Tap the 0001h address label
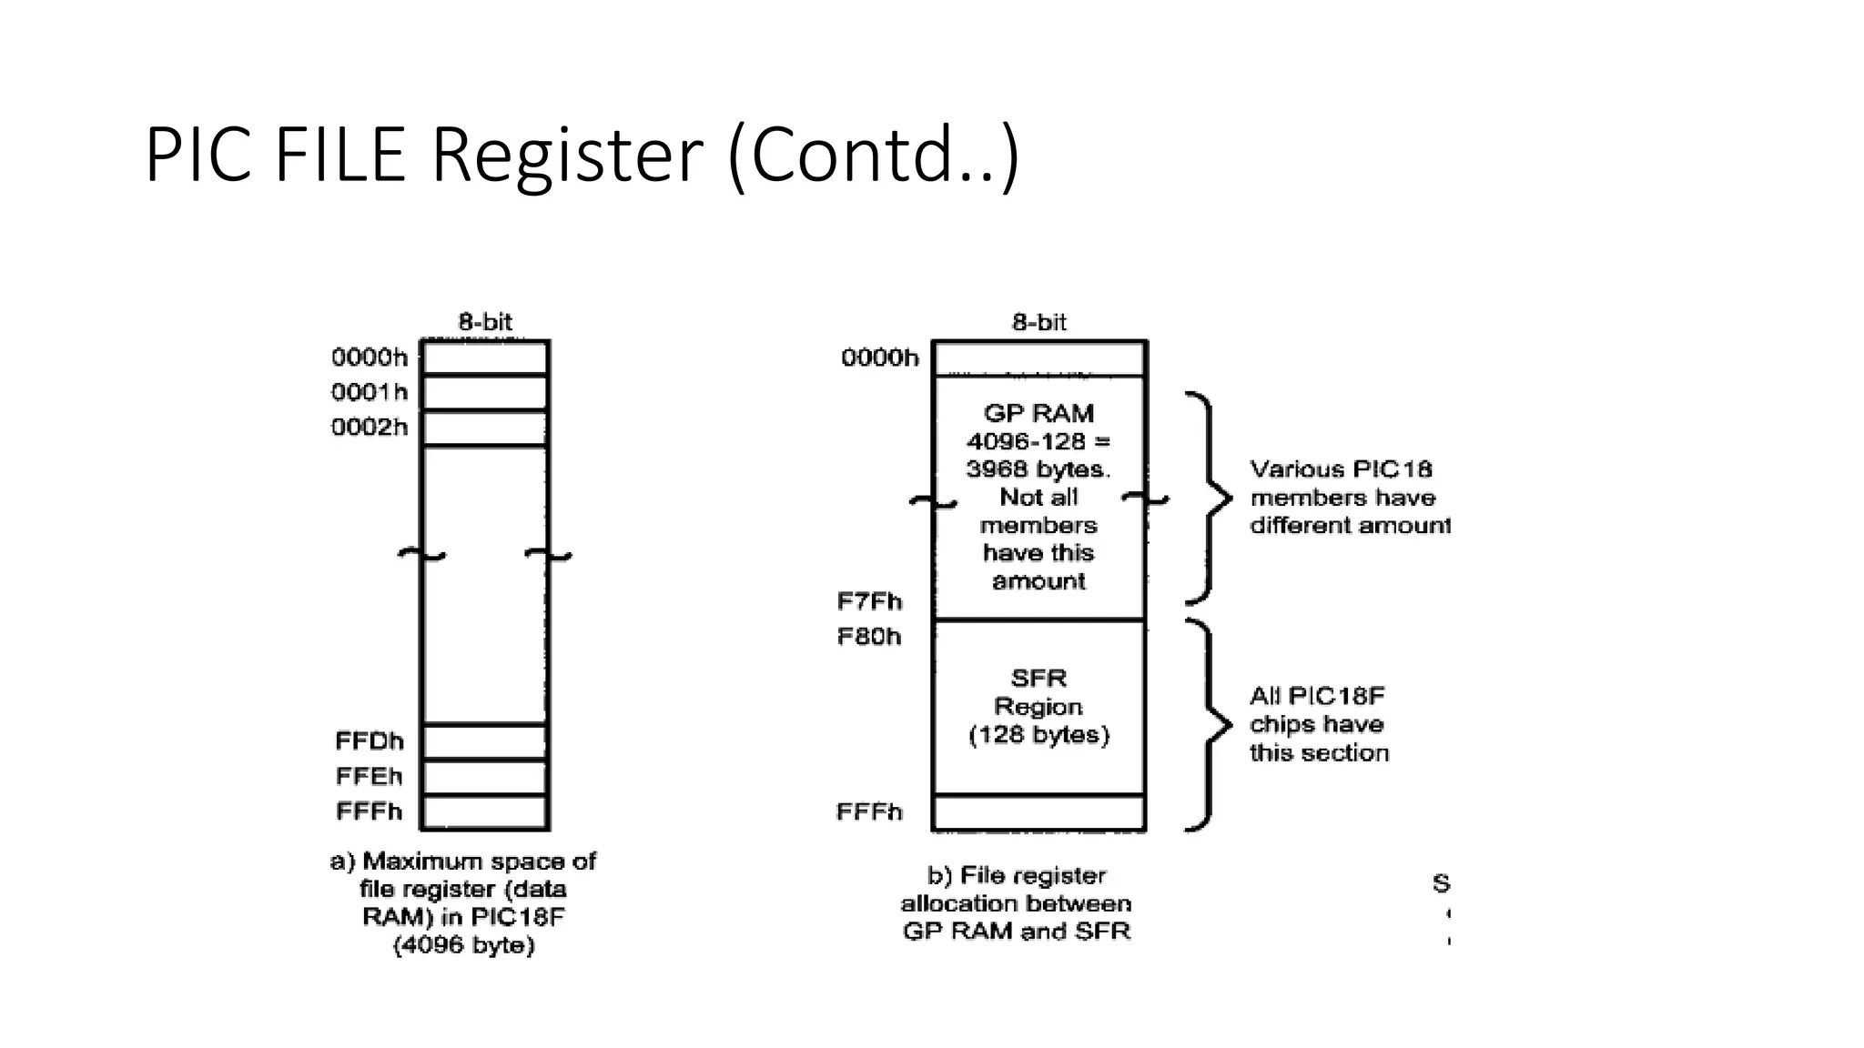pyautogui.click(x=370, y=392)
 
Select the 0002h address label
pyautogui.click(x=370, y=428)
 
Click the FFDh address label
pyautogui.click(x=370, y=741)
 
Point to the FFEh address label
pyautogui.click(x=370, y=776)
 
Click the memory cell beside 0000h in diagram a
pyautogui.click(x=485, y=358)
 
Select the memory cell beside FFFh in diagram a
pyautogui.click(x=485, y=811)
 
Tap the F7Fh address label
pyautogui.click(x=869, y=601)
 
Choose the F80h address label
pyautogui.click(x=869, y=637)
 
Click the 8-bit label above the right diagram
pyautogui.click(x=1038, y=322)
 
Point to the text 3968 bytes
pyautogui.click(x=1038, y=469)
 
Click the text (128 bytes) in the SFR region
pyautogui.click(x=1038, y=735)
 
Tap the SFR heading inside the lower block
pyautogui.click(x=1038, y=679)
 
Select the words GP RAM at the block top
pyautogui.click(x=1038, y=414)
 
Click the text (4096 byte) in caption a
pyautogui.click(x=464, y=945)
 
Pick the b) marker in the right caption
pyautogui.click(x=939, y=875)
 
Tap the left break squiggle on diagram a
pyautogui.click(x=421, y=554)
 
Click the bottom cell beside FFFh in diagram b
pyautogui.click(x=1038, y=812)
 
